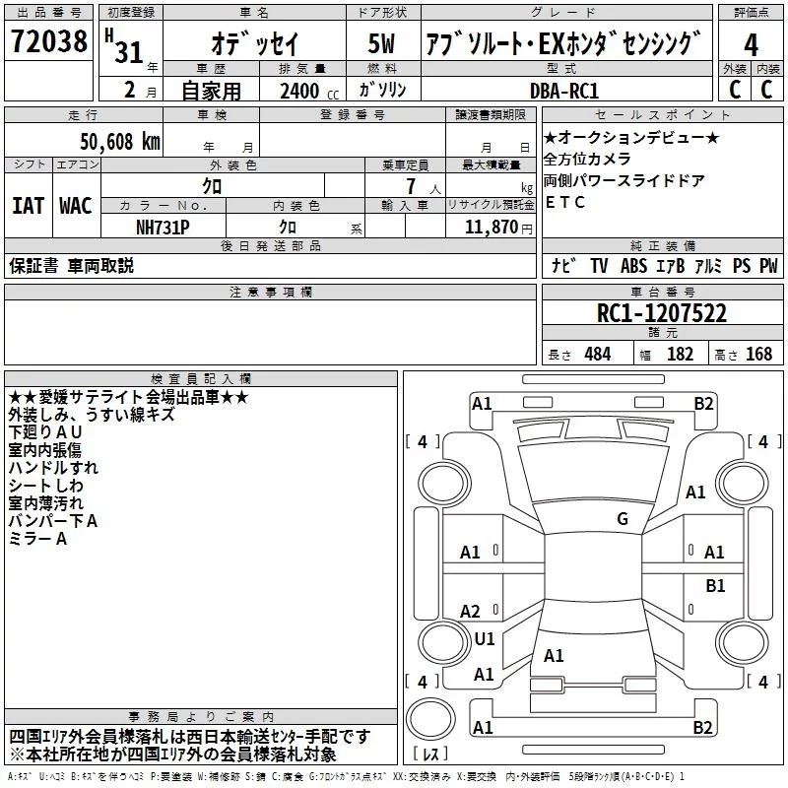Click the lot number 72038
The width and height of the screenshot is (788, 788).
pos(47,43)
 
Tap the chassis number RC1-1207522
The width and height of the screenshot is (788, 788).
pos(662,314)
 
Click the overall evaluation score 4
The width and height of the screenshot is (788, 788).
pos(752,44)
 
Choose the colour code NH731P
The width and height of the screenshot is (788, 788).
pos(164,227)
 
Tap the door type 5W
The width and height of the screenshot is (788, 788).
pos(382,44)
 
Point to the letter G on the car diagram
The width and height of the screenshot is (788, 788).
pos(622,518)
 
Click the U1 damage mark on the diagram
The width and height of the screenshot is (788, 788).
pos(484,639)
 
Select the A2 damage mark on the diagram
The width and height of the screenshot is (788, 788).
pos(470,612)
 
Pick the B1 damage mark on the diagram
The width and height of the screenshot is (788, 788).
pos(715,586)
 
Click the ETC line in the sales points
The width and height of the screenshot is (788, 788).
pos(564,203)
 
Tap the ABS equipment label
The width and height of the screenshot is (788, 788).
pos(634,266)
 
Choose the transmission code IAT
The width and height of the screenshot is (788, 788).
pos(28,206)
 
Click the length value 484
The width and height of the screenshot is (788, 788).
pos(596,354)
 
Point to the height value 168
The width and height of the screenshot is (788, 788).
pos(759,354)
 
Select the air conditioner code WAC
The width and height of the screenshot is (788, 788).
pos(76,206)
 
